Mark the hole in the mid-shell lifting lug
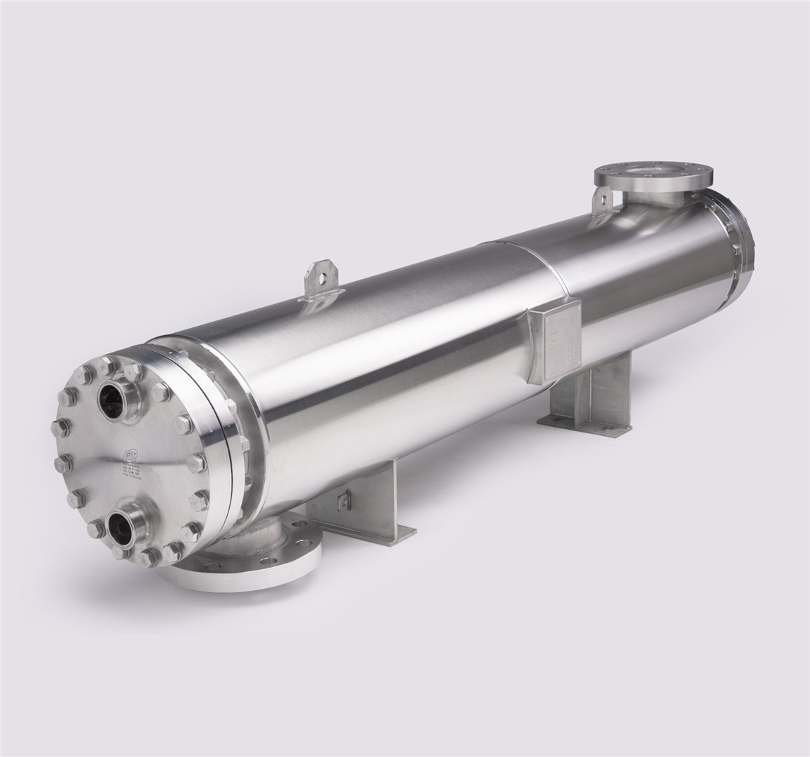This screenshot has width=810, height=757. [x=321, y=275]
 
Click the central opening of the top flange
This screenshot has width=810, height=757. [x=649, y=171]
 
